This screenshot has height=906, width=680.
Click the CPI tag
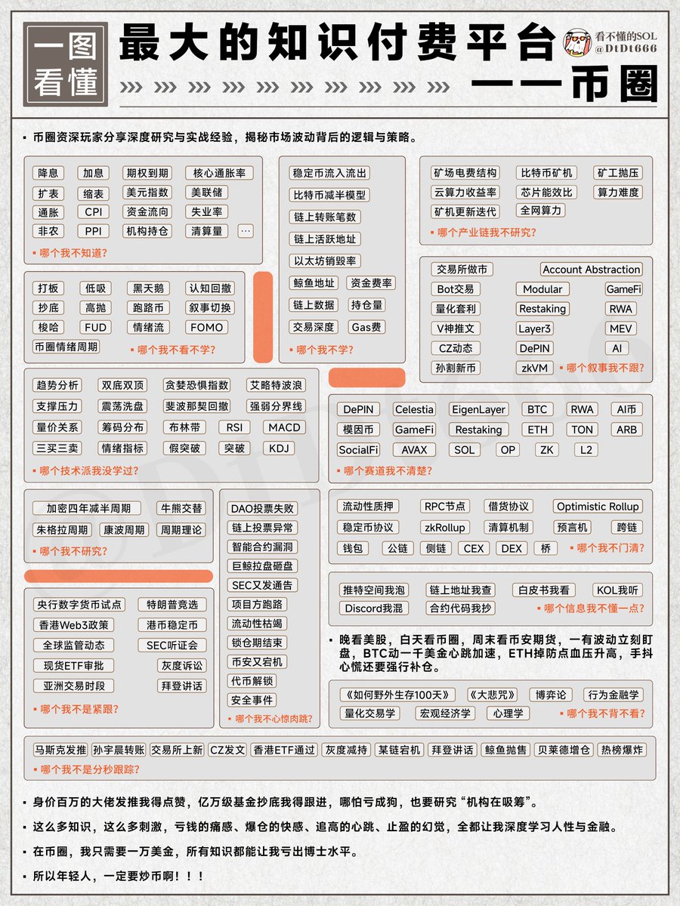click(x=93, y=212)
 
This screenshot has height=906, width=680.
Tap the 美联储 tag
click(x=206, y=193)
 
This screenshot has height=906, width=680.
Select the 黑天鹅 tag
click(x=147, y=288)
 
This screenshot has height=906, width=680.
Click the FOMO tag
click(x=206, y=328)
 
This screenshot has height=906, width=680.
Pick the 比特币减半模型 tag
click(x=329, y=195)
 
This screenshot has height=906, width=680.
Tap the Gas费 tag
click(x=366, y=328)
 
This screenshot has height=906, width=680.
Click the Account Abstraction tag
click(x=592, y=270)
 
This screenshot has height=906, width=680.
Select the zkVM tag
click(x=534, y=368)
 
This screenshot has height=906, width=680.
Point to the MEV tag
click(x=620, y=329)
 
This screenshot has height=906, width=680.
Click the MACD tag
click(x=284, y=427)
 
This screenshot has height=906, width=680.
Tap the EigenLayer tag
click(x=478, y=409)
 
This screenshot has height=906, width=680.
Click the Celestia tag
click(x=414, y=409)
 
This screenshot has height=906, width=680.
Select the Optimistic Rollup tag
click(x=597, y=507)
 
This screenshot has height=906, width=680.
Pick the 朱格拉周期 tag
click(x=60, y=530)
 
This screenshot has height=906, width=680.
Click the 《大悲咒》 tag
click(x=493, y=695)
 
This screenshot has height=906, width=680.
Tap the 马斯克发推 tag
click(x=60, y=750)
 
